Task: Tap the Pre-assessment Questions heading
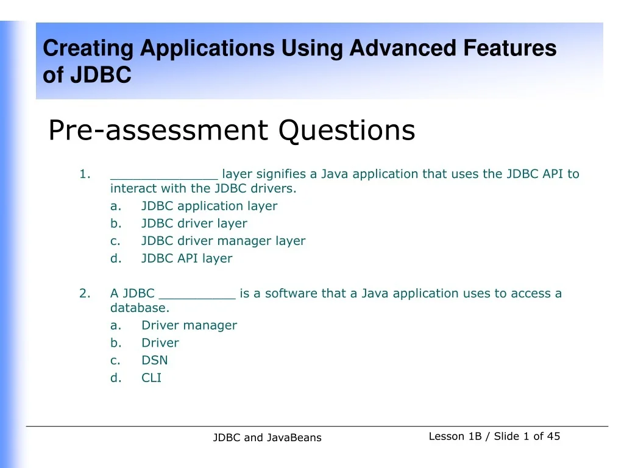coord(232,130)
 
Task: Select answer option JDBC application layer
coord(210,206)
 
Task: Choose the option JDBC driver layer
coord(194,224)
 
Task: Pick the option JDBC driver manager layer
coord(223,241)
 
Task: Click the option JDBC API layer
coord(186,258)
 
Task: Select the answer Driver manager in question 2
coord(189,325)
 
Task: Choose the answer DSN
coord(154,360)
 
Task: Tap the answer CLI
coord(151,378)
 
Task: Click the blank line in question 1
coord(164,179)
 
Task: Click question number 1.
coord(85,174)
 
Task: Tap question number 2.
coord(85,293)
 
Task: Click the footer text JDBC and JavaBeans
coord(267,438)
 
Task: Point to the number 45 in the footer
coord(553,436)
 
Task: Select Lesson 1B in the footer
coord(455,436)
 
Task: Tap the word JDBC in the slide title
coord(101,75)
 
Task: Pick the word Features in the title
coord(510,48)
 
